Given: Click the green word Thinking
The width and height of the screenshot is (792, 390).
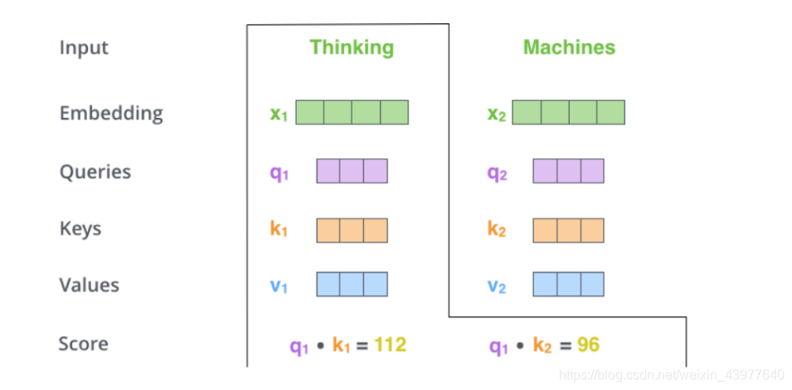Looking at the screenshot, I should tap(352, 47).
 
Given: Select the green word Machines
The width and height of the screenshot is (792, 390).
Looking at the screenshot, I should tap(569, 47).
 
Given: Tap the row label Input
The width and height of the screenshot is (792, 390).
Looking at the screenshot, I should tap(84, 47).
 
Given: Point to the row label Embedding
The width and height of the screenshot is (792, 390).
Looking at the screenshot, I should tap(111, 113).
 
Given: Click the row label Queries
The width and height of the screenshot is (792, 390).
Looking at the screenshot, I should tap(95, 172).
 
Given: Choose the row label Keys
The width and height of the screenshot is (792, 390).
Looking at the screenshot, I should tap(80, 228).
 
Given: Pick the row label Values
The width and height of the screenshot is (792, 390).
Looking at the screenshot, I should tap(90, 285).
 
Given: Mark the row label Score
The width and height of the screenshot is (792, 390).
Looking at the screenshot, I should tap(83, 344).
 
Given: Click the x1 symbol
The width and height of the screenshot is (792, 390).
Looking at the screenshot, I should tap(279, 114).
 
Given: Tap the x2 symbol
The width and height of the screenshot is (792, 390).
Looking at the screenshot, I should tap(497, 114).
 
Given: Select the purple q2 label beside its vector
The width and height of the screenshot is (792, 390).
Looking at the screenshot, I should tap(496, 173).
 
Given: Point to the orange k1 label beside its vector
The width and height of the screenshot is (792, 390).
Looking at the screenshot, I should tap(279, 229).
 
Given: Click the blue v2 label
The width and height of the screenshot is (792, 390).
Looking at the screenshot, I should tap(496, 286).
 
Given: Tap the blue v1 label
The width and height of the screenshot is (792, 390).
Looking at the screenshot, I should tap(279, 286).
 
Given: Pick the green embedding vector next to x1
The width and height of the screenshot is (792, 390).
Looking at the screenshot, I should tap(352, 112).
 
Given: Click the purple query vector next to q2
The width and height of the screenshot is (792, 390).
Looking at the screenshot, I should tap(568, 171).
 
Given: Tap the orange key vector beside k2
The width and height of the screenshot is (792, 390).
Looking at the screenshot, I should tap(568, 230).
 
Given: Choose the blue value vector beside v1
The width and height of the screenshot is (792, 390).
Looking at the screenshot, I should tap(352, 285).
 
